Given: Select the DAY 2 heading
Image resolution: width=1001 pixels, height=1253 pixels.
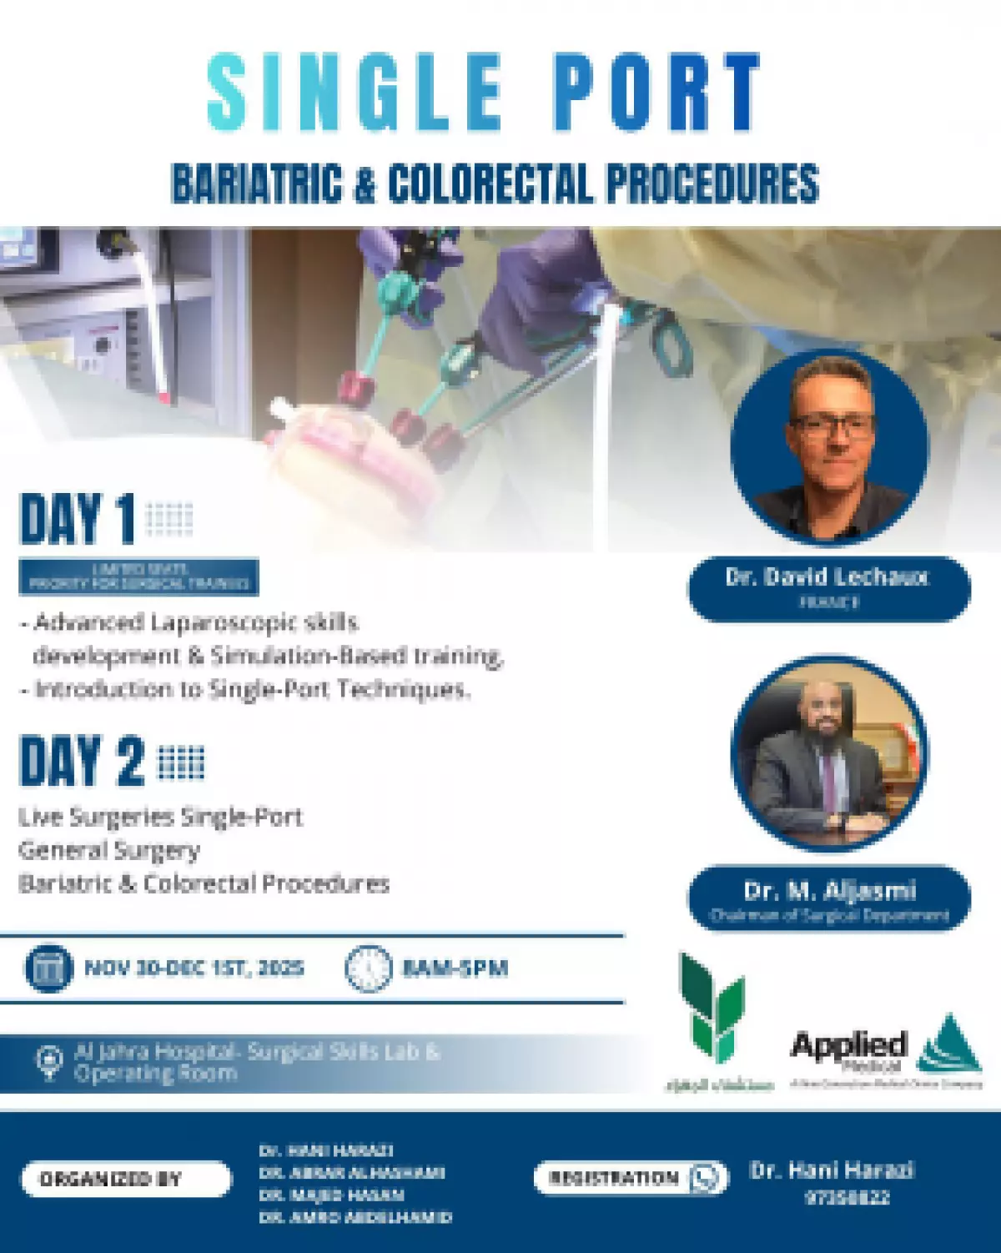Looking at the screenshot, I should click(x=82, y=761).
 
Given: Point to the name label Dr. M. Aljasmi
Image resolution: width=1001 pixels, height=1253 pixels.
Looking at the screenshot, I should click(x=829, y=891).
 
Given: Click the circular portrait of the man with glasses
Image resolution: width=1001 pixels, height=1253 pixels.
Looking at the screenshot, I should click(x=829, y=445).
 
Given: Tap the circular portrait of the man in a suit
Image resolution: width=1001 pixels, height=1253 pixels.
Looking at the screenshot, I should click(x=829, y=754).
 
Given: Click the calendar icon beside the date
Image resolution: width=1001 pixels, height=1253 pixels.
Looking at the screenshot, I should click(x=48, y=969).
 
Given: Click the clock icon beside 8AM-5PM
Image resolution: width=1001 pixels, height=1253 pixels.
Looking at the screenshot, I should click(x=368, y=969).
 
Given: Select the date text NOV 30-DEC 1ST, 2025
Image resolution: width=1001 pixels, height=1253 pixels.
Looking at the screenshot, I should click(x=194, y=969).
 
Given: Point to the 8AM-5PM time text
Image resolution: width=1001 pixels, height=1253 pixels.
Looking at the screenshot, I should click(x=455, y=969).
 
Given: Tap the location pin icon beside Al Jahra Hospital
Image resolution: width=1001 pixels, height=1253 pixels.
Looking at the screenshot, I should click(x=48, y=1062).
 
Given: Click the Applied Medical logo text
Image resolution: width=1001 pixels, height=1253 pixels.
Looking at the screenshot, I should click(x=848, y=1048).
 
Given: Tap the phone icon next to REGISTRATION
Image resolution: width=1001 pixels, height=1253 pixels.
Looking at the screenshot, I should click(x=707, y=1178).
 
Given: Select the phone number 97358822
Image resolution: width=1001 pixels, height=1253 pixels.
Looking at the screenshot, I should click(x=847, y=1198).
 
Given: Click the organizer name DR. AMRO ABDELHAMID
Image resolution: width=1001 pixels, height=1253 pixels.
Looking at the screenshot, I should click(x=355, y=1217).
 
